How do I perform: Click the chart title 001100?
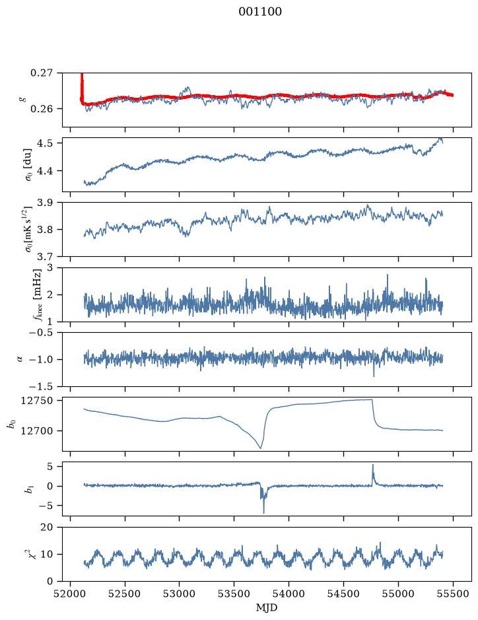260,12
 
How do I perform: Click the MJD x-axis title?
267,607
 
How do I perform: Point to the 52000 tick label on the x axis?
71,594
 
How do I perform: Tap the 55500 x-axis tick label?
453,594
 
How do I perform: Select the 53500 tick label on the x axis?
234,594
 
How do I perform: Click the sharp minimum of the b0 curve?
261,448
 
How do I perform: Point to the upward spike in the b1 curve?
372,465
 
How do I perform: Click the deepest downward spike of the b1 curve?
263,512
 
